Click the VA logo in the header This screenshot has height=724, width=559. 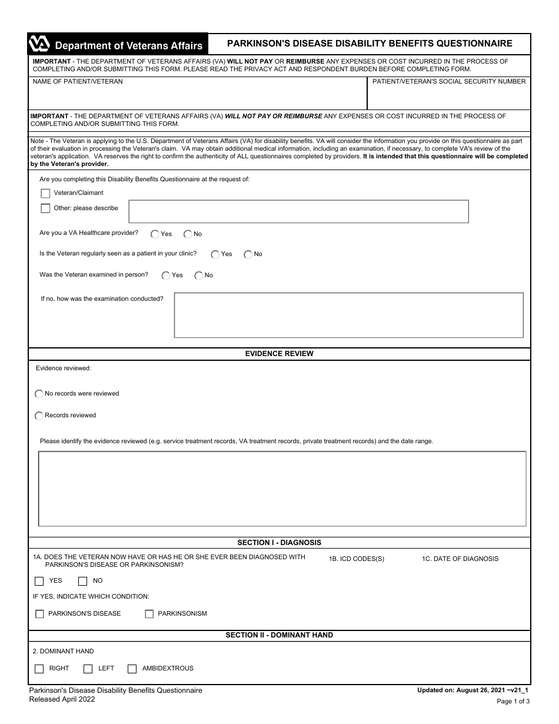tap(39, 45)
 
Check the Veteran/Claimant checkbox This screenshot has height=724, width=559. tap(45, 193)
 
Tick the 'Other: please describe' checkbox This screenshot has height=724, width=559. tap(45, 208)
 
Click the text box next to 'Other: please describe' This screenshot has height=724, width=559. tap(298, 211)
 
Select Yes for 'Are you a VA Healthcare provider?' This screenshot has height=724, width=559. tap(155, 234)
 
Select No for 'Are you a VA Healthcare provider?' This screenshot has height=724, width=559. tap(188, 234)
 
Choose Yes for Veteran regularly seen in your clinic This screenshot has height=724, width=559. tap(215, 254)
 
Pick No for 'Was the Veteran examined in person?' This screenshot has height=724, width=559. tap(199, 275)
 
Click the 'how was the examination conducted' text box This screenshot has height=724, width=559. tap(348, 315)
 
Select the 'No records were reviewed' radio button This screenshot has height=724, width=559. tap(39, 394)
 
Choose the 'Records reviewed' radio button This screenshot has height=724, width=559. tap(39, 416)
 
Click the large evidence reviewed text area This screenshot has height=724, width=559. tap(282, 489)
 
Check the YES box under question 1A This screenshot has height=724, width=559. tap(39, 581)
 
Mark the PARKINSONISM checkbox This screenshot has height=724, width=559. tap(149, 614)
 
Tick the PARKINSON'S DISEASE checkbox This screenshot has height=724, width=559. tap(39, 614)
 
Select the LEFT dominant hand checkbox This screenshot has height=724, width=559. tap(88, 669)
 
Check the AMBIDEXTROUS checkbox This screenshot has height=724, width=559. tap(132, 669)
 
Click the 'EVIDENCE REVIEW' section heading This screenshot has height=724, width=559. tap(279, 354)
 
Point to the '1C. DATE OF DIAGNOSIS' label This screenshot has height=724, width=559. tap(460, 559)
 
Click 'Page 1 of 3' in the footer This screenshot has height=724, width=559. tap(513, 701)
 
